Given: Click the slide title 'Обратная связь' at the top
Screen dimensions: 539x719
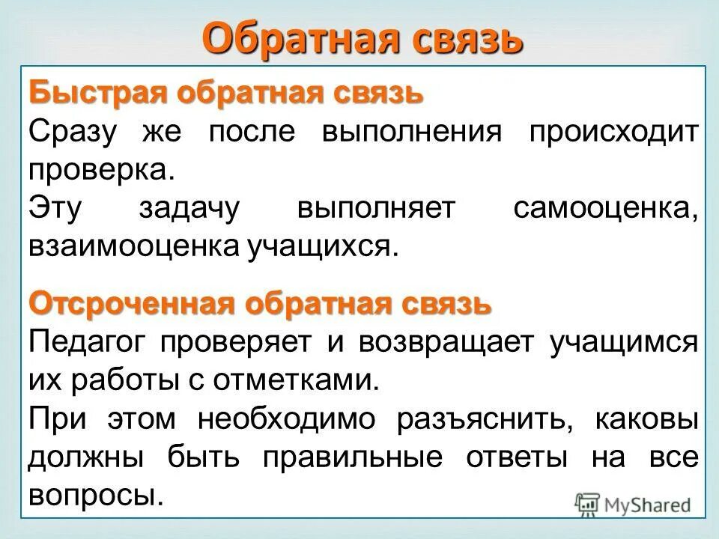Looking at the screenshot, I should pyautogui.click(x=361, y=38).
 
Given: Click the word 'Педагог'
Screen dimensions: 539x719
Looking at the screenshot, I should pyautogui.click(x=93, y=343).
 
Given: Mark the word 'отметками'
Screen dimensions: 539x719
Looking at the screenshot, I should pyautogui.click(x=299, y=381).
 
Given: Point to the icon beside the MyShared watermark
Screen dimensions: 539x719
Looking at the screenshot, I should pyautogui.click(x=587, y=505).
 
